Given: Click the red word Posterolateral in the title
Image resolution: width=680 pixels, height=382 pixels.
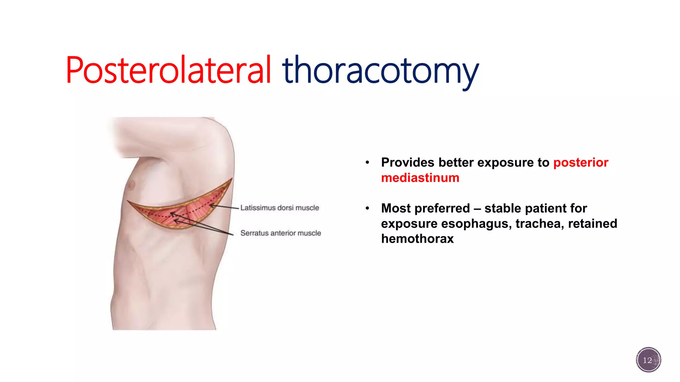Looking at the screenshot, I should [169, 71].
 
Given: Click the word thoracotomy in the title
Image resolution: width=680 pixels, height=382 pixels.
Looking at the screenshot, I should [380, 71].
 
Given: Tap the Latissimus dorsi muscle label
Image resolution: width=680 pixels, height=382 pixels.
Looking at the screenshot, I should [280, 208].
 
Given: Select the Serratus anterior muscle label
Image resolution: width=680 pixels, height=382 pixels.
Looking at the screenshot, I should [281, 233].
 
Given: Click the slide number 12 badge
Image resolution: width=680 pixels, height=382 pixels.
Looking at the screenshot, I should [648, 360].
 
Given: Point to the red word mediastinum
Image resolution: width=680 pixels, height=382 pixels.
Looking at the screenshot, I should [420, 178].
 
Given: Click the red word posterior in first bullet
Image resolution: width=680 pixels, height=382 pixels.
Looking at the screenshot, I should [581, 162].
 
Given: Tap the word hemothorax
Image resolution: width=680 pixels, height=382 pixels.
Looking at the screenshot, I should [417, 239].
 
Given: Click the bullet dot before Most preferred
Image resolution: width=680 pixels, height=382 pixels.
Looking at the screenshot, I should [367, 209].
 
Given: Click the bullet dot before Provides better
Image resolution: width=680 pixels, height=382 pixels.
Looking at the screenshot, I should [367, 163].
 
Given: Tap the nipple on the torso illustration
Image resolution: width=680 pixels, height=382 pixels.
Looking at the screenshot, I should [131, 184].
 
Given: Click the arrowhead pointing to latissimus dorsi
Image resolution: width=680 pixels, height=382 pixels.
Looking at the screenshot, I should [211, 206].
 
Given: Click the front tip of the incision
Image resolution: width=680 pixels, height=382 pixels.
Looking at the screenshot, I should [128, 201].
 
